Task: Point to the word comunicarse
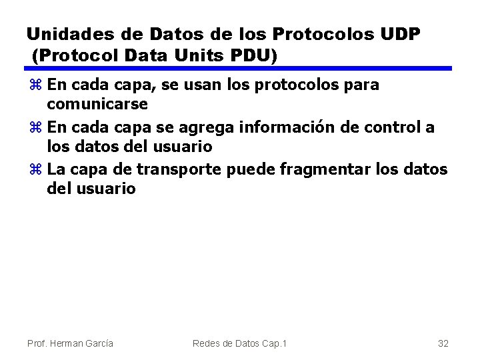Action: point(98,105)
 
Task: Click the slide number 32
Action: point(443,343)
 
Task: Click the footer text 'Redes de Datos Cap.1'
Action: point(239,343)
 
